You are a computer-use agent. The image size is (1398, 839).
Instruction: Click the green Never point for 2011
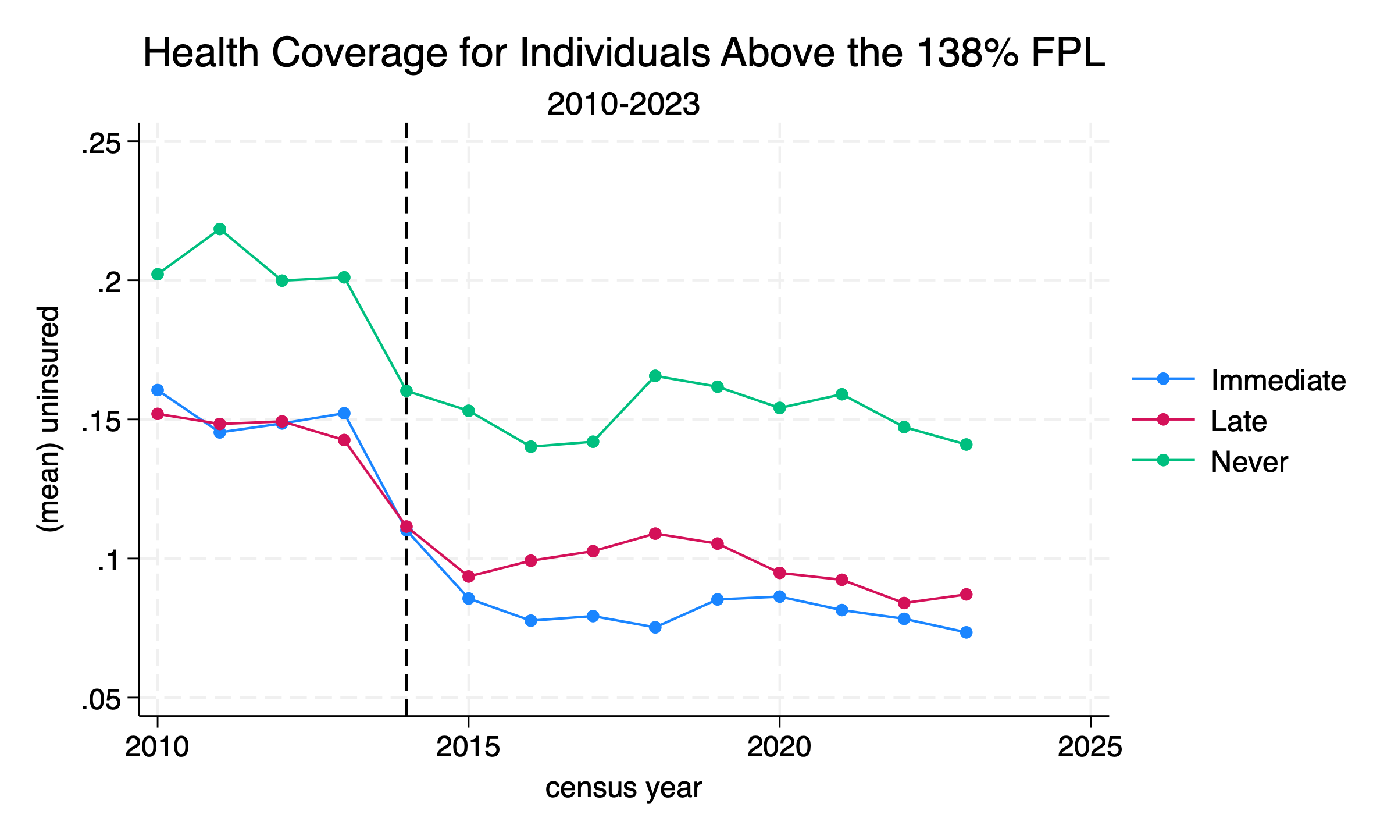(220, 229)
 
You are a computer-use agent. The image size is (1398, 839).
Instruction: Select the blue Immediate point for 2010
(158, 390)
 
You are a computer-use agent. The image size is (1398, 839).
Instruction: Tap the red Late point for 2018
(655, 534)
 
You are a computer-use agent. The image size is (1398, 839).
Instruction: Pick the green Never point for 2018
(655, 376)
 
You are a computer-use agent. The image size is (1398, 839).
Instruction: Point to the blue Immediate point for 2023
(966, 632)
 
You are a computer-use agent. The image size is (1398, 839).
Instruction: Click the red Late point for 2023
(966, 595)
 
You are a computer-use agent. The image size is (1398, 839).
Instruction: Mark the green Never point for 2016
(530, 447)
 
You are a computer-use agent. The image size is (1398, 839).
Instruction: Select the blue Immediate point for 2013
(344, 413)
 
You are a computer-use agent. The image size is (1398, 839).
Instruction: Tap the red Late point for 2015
(468, 577)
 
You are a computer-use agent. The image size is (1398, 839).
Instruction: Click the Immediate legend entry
(1278, 381)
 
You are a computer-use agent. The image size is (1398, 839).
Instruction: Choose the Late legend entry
(1239, 421)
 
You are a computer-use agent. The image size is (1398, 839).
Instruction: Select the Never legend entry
(1249, 462)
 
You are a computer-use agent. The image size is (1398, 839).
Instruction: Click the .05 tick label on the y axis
(101, 700)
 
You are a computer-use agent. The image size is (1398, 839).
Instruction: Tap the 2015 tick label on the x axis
(468, 747)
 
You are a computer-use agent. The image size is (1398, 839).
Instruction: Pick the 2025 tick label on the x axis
(1090, 747)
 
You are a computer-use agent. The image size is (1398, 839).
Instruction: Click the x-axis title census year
(623, 788)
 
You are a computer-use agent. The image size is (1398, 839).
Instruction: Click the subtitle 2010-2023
(623, 105)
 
